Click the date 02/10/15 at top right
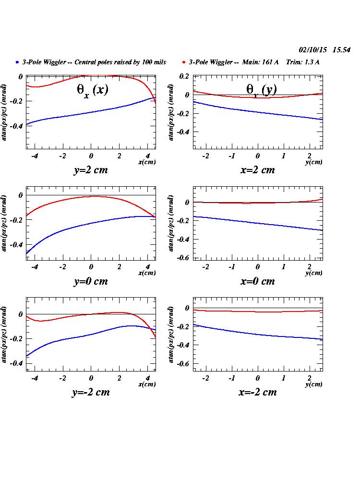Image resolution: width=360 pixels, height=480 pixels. click(313, 50)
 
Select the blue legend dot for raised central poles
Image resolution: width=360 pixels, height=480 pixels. click(17, 62)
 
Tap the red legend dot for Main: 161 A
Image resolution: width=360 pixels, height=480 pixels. click(184, 62)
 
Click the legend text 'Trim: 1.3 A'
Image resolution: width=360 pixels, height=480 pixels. click(302, 62)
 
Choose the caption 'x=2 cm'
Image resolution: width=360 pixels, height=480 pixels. click(257, 170)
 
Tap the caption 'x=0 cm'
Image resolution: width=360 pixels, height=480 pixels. click(257, 282)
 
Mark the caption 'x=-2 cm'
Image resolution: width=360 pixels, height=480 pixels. click(257, 392)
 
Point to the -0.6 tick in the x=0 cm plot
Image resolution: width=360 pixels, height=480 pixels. click(183, 258)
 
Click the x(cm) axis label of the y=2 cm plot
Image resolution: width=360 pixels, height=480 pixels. click(147, 162)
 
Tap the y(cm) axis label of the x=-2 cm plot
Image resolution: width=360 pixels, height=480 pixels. click(314, 384)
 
